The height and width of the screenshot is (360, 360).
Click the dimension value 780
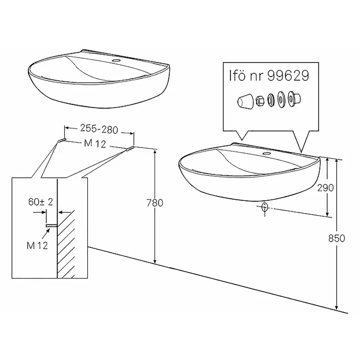coord(155,203)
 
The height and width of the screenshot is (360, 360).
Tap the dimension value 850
coord(337,238)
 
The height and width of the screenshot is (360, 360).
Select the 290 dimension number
coord(325,188)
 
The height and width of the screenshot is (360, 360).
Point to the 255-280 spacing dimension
coord(99,129)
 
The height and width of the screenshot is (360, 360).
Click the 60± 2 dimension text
coord(40,202)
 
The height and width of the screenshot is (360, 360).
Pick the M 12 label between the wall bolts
coord(95,143)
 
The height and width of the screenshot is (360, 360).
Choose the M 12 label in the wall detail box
coord(37,245)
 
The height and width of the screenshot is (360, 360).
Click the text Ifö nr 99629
coord(269,75)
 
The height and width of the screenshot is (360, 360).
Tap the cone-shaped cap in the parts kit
coord(245,101)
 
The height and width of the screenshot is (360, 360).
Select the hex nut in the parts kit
coord(260,101)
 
